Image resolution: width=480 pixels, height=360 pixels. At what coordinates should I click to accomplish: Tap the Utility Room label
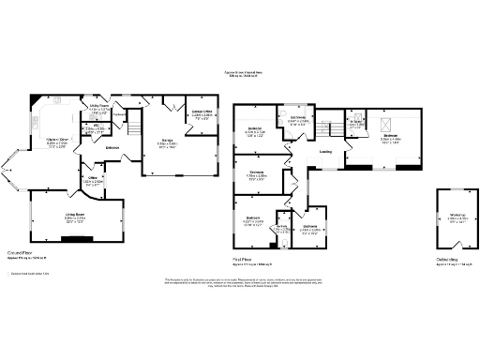[100, 108]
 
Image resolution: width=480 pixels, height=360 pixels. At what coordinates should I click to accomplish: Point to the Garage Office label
[201, 114]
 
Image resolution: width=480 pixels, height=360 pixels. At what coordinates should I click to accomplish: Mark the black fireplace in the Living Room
[77, 239]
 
